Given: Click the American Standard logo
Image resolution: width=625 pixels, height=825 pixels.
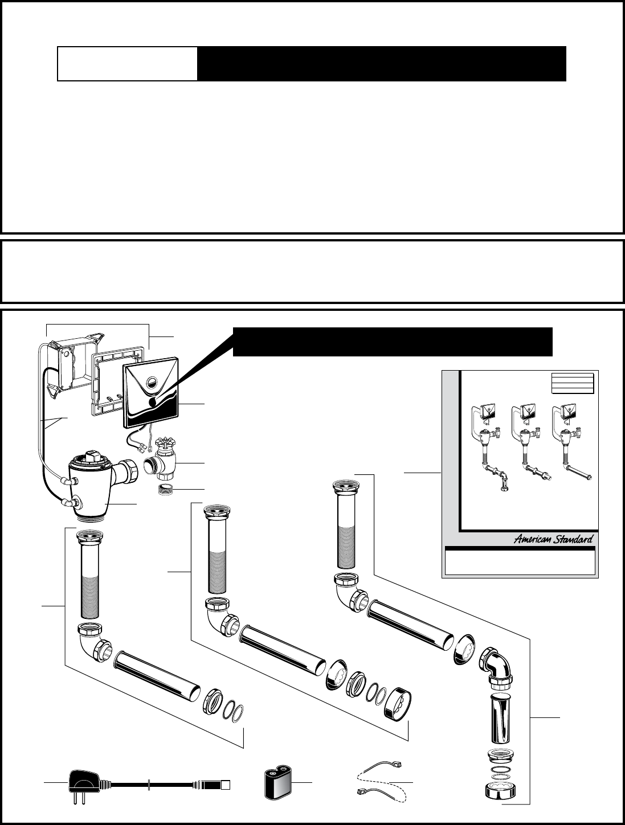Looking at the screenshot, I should [x=553, y=539].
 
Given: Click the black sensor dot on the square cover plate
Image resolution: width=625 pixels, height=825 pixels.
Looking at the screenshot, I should [x=152, y=402].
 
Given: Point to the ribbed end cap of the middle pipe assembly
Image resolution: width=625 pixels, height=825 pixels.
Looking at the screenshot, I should [x=398, y=704].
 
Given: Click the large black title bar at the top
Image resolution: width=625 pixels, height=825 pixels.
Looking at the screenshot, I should [x=381, y=64].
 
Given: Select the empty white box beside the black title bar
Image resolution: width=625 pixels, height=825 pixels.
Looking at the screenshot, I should [x=128, y=64].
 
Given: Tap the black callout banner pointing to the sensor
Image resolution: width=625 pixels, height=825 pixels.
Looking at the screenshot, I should [x=393, y=341].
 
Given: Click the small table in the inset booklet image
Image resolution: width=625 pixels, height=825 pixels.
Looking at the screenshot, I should [x=573, y=383].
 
